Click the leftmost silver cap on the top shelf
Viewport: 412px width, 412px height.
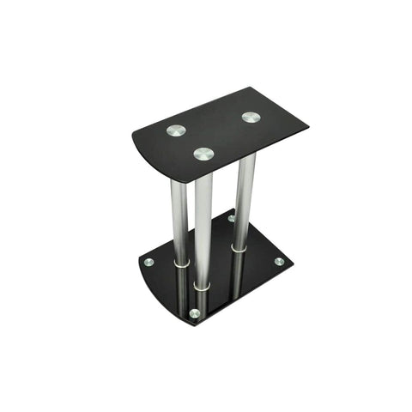176,130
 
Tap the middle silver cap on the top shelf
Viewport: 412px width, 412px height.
203,154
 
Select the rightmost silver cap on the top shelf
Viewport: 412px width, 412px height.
251,117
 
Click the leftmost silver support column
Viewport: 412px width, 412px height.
179,219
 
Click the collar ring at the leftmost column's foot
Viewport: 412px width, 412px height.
180,264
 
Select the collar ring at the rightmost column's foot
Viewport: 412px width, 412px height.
239,249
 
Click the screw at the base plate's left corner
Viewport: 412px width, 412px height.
148,262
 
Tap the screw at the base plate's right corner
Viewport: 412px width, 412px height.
279,261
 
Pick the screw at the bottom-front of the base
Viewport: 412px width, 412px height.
195,313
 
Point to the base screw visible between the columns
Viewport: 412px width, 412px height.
231,218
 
